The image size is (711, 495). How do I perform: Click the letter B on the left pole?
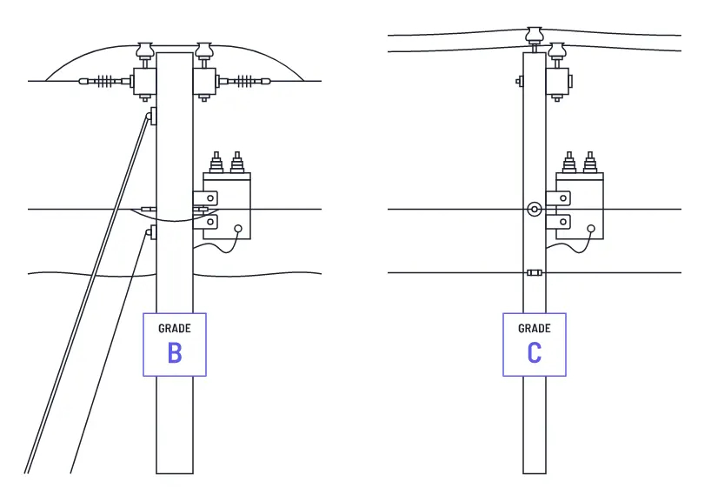[x=175, y=352]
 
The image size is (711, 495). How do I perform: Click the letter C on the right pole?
[x=534, y=352]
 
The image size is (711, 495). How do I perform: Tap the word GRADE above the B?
[x=175, y=329]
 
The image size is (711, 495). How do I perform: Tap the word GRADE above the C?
[x=534, y=329]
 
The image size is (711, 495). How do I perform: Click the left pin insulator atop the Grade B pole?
[x=145, y=50]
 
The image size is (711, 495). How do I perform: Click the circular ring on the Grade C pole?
[x=534, y=209]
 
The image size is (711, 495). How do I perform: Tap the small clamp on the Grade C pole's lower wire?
[x=534, y=273]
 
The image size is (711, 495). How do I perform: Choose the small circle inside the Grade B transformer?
[x=237, y=230]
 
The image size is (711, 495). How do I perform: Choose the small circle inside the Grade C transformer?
[x=590, y=230]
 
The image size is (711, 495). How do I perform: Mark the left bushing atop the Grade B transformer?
[x=216, y=164]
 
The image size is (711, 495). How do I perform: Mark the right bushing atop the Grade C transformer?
[x=590, y=163]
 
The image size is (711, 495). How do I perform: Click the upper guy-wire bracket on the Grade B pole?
[x=151, y=116]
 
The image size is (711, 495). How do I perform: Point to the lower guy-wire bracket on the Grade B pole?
[x=151, y=232]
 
